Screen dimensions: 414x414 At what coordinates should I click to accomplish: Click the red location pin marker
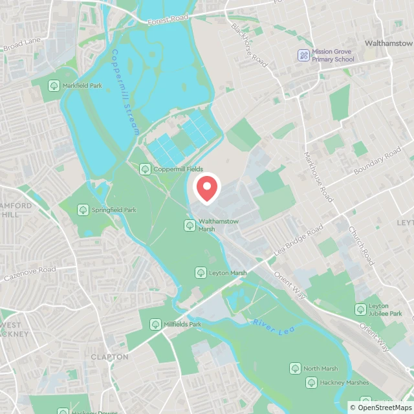207,188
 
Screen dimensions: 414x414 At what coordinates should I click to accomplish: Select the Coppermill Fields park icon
145,169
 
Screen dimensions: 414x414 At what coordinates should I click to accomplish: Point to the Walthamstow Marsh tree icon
190,225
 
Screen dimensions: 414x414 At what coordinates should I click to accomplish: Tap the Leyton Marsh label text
227,273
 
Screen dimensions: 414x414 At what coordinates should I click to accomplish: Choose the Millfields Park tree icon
155,324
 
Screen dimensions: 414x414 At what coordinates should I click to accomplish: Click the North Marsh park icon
295,369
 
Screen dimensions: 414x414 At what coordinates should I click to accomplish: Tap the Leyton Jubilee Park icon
360,310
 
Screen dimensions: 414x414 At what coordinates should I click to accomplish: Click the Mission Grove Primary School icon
303,56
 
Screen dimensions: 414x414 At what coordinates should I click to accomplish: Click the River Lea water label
269,327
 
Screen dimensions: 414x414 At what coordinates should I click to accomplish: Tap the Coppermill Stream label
125,93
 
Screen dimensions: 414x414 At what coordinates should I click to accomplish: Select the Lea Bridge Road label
298,240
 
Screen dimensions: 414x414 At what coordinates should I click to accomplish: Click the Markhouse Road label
318,177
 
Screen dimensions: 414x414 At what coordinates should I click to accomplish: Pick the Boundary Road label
377,162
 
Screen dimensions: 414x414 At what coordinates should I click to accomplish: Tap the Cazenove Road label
30,272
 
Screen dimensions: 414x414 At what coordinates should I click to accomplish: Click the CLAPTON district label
109,357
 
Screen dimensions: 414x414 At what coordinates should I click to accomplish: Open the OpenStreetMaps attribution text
380,408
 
